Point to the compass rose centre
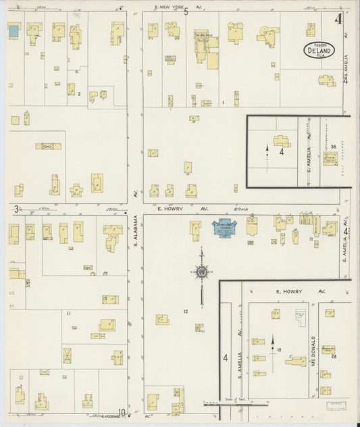tap(201, 272)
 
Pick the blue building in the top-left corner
tap(14, 30)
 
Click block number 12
tap(184, 311)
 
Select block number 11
tap(68, 313)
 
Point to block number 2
tap(79, 94)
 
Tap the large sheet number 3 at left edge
tap(16, 209)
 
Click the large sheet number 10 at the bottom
tap(122, 413)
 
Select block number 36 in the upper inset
tap(334, 146)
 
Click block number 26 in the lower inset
tap(334, 356)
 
